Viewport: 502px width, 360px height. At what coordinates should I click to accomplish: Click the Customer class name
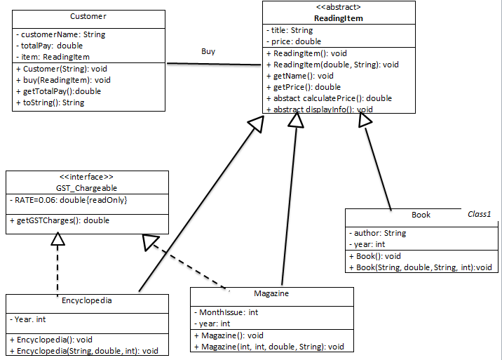(x=88, y=16)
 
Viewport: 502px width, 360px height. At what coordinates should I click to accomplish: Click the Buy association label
(x=208, y=51)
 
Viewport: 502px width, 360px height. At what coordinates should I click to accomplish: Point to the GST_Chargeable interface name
(x=87, y=188)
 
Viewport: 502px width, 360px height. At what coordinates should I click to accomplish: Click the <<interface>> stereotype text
(x=87, y=178)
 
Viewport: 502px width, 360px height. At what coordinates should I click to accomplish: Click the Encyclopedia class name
(x=87, y=300)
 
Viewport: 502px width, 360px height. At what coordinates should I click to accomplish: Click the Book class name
(x=421, y=215)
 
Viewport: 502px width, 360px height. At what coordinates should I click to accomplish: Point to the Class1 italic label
(x=480, y=214)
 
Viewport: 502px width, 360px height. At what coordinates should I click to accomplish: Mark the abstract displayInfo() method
(x=320, y=109)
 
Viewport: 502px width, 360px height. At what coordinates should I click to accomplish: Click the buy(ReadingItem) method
(x=62, y=80)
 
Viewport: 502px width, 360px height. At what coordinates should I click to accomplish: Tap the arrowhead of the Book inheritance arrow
(x=364, y=121)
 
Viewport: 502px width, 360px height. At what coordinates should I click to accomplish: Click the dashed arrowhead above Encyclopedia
(x=58, y=239)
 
